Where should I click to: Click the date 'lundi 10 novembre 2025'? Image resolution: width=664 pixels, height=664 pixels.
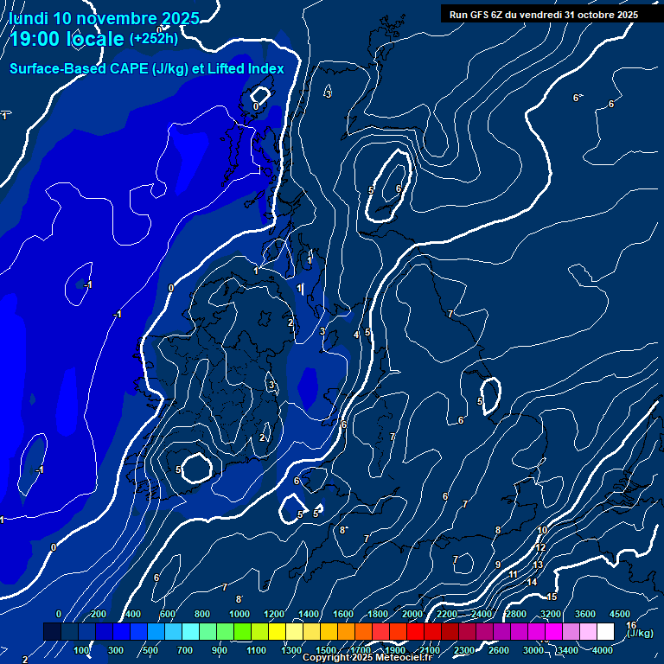105,18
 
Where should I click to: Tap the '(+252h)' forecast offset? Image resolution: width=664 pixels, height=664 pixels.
154,39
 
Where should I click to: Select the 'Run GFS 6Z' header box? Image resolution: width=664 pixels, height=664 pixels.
544,15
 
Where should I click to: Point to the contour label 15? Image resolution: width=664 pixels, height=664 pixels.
552,597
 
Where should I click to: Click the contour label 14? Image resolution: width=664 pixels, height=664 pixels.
532,582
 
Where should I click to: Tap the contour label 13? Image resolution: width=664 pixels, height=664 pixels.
538,565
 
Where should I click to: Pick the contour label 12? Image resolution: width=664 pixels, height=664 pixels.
540,547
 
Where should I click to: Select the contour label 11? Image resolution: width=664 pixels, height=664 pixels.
513,574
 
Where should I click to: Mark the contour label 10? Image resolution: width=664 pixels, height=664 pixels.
542,530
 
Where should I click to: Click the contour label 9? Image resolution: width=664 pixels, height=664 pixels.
498,565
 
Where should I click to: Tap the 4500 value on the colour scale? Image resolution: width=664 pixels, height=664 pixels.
619,614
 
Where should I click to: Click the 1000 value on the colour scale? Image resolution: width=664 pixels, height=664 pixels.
239,614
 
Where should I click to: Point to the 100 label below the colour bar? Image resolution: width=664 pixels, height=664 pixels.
82,650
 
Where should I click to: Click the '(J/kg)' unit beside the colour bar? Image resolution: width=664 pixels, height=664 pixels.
641,634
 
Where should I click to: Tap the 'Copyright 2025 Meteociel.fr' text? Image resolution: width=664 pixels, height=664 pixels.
367,658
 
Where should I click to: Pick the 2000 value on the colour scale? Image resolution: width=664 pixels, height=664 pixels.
412,614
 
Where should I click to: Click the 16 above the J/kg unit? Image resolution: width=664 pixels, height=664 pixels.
631,624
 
